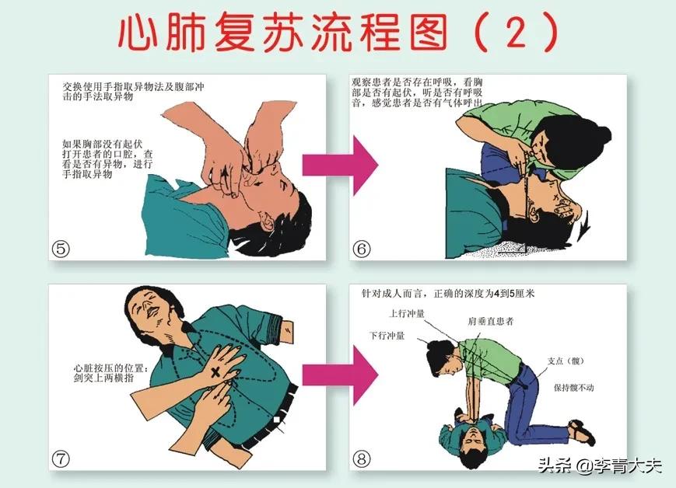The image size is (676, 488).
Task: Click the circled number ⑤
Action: (61, 248)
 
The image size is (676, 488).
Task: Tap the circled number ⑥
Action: (362, 249)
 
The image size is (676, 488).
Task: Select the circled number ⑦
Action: (61, 458)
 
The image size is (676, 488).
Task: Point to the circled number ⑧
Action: (360, 458)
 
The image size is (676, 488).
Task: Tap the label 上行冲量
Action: (407, 314)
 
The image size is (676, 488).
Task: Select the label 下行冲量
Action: (387, 335)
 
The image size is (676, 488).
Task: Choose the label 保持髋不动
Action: (574, 387)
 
